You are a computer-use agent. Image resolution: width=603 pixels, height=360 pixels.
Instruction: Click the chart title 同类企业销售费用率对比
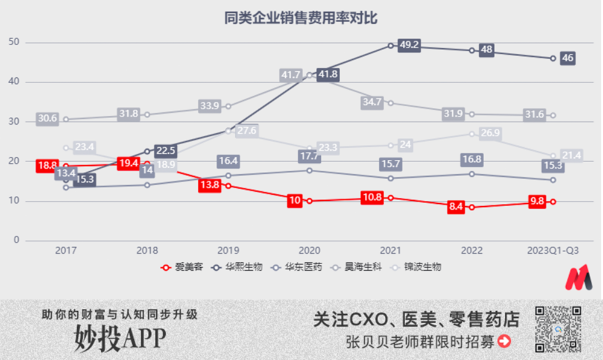pos(300,18)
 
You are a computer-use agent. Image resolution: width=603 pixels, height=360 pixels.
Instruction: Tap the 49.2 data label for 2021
pos(409,45)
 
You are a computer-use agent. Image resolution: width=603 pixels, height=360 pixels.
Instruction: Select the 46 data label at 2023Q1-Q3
pos(567,58)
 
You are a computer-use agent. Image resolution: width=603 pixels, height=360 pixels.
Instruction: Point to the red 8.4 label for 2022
pos(456,207)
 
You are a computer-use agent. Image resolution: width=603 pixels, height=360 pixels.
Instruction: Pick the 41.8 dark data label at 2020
pos(328,75)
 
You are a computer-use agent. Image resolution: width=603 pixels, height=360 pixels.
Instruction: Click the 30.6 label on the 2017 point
pos(47,119)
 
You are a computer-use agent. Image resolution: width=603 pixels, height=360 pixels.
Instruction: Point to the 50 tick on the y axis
pos(14,42)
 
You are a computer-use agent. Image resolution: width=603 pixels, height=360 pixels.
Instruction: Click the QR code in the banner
pos(558,329)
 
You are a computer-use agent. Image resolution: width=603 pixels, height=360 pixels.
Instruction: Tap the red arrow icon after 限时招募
pos(504,341)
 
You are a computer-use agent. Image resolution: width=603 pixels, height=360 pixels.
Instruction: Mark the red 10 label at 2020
pos(294,201)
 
